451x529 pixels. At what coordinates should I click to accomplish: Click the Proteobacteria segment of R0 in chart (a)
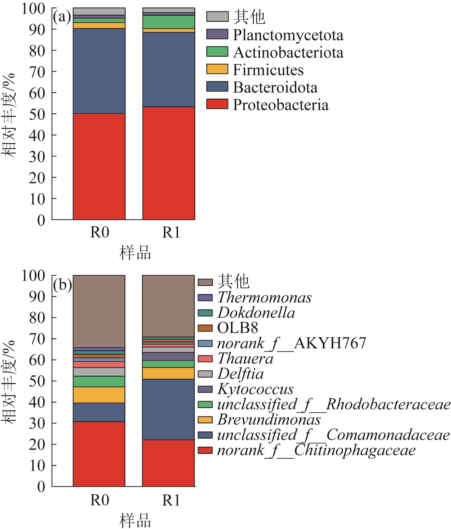pos(99,166)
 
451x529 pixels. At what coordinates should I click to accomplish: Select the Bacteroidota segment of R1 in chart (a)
pos(168,69)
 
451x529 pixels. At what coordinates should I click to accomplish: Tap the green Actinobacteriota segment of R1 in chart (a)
pos(168,22)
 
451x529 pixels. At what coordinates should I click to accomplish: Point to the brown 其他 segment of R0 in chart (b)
pos(99,311)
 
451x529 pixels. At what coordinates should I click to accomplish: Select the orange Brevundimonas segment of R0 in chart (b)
pos(99,395)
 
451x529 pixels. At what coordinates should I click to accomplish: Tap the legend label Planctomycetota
pos(288,35)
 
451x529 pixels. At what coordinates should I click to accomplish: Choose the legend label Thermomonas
pos(264,297)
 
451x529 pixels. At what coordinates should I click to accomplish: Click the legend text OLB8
pos(237,328)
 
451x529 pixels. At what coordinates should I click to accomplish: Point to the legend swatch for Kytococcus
pos(205,389)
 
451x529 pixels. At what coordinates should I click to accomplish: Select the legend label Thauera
pos(245,358)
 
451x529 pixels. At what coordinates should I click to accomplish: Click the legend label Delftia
pos(240,374)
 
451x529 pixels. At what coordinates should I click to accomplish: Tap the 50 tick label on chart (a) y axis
pos(37,114)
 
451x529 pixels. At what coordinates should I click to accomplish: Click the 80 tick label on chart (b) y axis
pos(37,318)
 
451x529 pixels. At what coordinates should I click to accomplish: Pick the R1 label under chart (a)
pos(171,233)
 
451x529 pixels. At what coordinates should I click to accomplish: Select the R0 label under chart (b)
pos(99,500)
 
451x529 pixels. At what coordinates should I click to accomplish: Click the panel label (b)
pos(62,285)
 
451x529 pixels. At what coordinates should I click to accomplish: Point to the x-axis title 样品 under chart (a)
pos(135,253)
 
